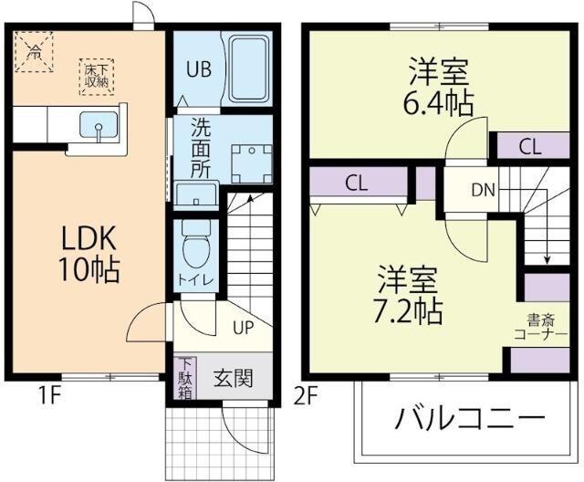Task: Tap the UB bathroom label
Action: point(200,68)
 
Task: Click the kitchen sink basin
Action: point(99,126)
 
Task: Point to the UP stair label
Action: point(244,326)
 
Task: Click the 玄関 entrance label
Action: point(233,377)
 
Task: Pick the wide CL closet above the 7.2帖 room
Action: point(357,182)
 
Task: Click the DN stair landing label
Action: point(483,190)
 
